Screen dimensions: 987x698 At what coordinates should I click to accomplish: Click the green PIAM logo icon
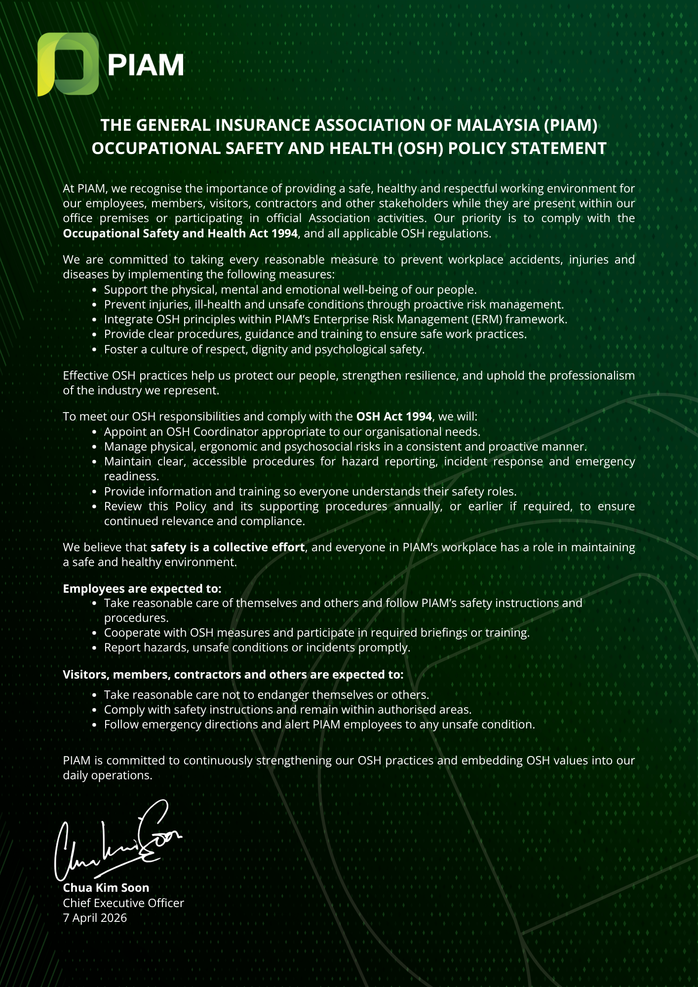coord(68,64)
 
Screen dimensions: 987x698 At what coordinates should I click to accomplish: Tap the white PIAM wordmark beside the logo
coord(146,65)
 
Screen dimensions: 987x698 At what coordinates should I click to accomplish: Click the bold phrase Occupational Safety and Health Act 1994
coord(180,233)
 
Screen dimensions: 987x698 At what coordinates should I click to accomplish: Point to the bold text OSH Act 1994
coord(394,417)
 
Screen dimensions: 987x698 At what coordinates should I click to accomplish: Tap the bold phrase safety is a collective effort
coord(228,547)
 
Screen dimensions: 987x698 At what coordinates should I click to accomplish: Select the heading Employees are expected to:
coord(142,589)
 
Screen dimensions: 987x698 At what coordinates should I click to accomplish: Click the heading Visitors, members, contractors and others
coord(233,675)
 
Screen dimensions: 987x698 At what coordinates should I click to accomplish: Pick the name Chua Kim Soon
coord(106,888)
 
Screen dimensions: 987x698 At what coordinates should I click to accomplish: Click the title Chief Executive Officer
coord(123,903)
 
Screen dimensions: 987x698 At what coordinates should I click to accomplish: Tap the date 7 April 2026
coord(95,918)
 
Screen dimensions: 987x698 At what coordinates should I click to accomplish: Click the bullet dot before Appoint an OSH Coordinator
coord(95,432)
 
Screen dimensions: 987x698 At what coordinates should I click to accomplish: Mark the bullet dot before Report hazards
coord(95,648)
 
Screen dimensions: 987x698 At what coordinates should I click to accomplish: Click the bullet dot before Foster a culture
coord(95,350)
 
